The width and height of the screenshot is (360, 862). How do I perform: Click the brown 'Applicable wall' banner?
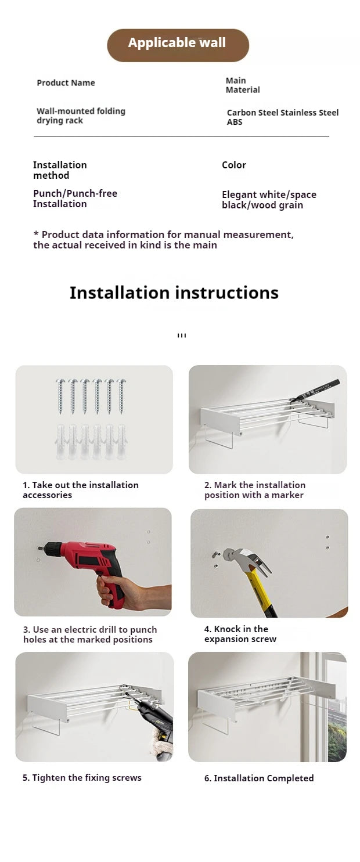pos(178,45)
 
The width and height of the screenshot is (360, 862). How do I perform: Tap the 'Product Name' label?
pos(66,83)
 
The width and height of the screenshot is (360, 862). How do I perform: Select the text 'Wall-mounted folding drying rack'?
pos(81,116)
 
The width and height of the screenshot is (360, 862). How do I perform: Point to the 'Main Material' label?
pos(243,85)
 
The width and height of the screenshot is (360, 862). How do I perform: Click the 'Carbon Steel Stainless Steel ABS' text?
pos(283,117)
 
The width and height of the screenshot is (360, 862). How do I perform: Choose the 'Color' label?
pos(234,165)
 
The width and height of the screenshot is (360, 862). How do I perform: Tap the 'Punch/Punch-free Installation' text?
pos(75,199)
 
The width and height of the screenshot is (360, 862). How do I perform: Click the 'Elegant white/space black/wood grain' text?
pos(269,200)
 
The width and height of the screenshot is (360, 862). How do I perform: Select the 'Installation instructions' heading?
pos(174,293)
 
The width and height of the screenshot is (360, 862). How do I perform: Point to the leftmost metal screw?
pos(60,396)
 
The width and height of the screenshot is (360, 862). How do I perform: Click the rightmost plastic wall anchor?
pos(122,442)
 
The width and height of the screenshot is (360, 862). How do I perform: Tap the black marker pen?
pos(315,391)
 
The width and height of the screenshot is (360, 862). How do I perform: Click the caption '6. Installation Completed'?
pos(259,778)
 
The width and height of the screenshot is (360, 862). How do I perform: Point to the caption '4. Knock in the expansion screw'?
pos(240,634)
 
